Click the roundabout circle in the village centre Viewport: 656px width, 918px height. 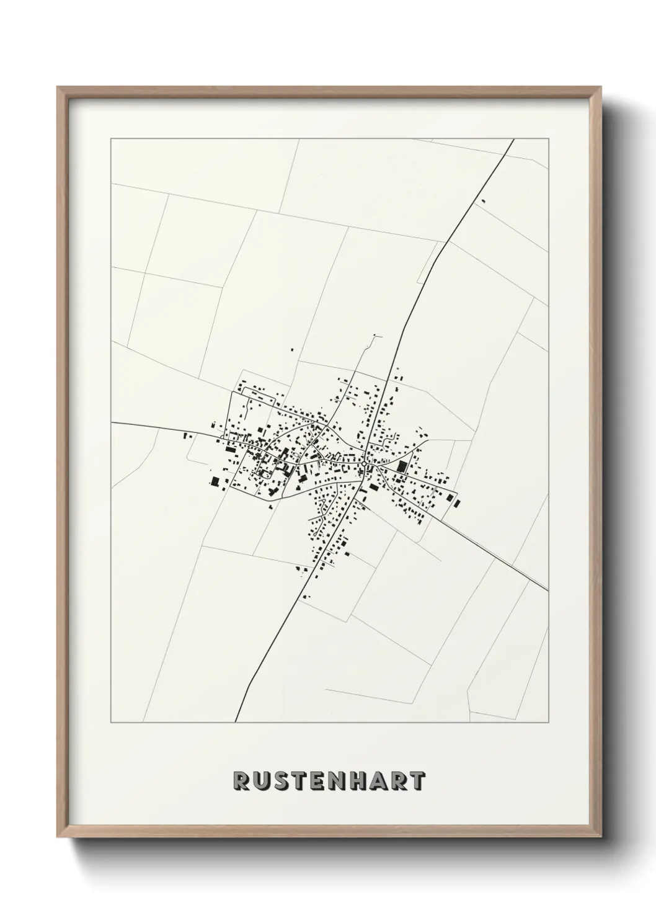tap(363, 463)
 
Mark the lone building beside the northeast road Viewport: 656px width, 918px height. tap(482, 200)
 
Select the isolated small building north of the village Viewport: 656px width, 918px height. tap(291, 350)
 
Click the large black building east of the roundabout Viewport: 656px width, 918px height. tap(401, 466)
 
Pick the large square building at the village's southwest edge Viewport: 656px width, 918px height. tap(216, 481)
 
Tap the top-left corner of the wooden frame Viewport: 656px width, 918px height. tap(58, 87)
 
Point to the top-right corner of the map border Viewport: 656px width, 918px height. tap(548, 140)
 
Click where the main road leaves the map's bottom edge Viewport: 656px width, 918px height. tap(236, 722)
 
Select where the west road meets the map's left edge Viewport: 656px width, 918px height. tap(112, 422)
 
